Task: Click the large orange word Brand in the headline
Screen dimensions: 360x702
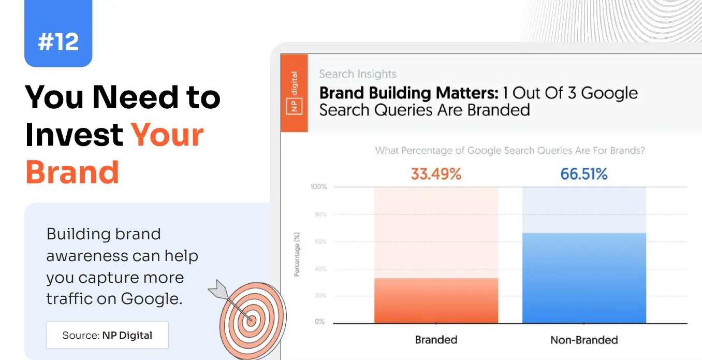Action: [x=72, y=172]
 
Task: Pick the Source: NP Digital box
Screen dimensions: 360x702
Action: [x=107, y=335]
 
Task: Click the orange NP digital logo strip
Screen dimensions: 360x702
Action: [x=294, y=93]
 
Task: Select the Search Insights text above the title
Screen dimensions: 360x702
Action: [x=358, y=74]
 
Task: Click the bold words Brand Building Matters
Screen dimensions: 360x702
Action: [x=408, y=93]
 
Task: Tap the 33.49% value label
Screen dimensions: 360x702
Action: [x=436, y=174]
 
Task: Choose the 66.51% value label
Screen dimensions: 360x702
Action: [x=584, y=174]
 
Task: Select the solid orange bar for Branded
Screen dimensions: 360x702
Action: [x=436, y=300]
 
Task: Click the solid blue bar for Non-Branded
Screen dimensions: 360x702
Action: [x=584, y=278]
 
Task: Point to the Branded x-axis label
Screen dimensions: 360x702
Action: [x=436, y=340]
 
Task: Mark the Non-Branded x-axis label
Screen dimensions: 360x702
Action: [x=584, y=340]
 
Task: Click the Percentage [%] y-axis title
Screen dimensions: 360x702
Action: [x=297, y=254]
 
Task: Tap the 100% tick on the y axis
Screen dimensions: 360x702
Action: [x=318, y=186]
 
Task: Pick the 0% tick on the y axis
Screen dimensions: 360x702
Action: [x=320, y=322]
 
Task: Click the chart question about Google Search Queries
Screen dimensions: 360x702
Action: [x=510, y=151]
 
